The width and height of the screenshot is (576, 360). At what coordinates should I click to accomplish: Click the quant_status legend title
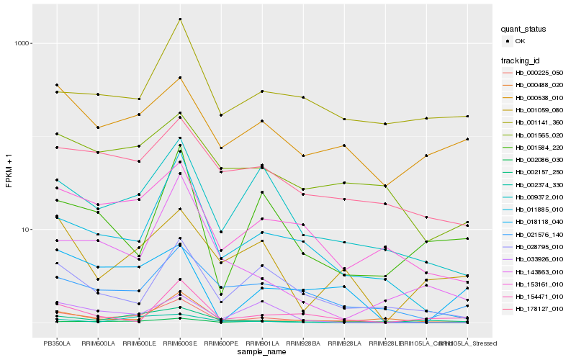(525, 29)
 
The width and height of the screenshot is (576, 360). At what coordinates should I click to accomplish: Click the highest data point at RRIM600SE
(180, 19)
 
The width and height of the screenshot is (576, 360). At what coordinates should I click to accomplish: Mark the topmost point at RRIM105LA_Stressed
(469, 116)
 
